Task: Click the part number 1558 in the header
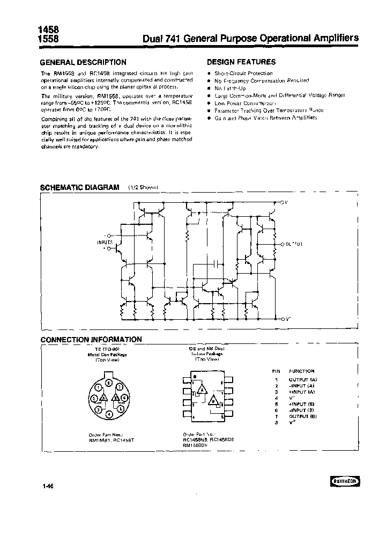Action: pos(49,39)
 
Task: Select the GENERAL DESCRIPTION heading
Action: pos(84,62)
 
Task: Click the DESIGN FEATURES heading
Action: pos(241,62)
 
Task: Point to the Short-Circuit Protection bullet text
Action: pos(243,73)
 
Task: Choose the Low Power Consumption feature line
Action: pos(244,102)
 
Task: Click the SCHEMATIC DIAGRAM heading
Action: pos(80,188)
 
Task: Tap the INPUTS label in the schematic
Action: pos(105,243)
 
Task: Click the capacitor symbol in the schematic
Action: pos(214,264)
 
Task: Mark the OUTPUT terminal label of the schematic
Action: pos(294,244)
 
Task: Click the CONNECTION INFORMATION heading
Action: pos(92,339)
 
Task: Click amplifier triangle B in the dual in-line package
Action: pos(214,400)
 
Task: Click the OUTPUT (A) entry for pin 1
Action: pos(303,379)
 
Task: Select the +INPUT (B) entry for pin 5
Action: pos(303,405)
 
